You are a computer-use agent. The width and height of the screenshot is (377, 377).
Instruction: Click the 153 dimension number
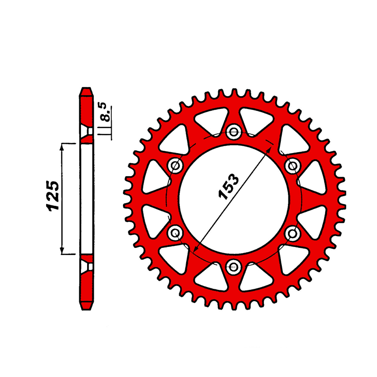pos(229,187)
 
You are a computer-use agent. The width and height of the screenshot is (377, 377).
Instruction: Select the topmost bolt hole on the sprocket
pos(233,132)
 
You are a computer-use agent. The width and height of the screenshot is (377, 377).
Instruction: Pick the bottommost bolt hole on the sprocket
pos(233,266)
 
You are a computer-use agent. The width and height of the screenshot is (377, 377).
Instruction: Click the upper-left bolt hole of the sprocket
pos(175,165)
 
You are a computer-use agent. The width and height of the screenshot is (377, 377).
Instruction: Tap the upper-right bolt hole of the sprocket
pos(292,165)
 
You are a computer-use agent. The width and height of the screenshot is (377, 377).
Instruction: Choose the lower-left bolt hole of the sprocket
pos(175,233)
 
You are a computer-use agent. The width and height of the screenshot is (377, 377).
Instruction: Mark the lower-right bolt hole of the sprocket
pos(292,233)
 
